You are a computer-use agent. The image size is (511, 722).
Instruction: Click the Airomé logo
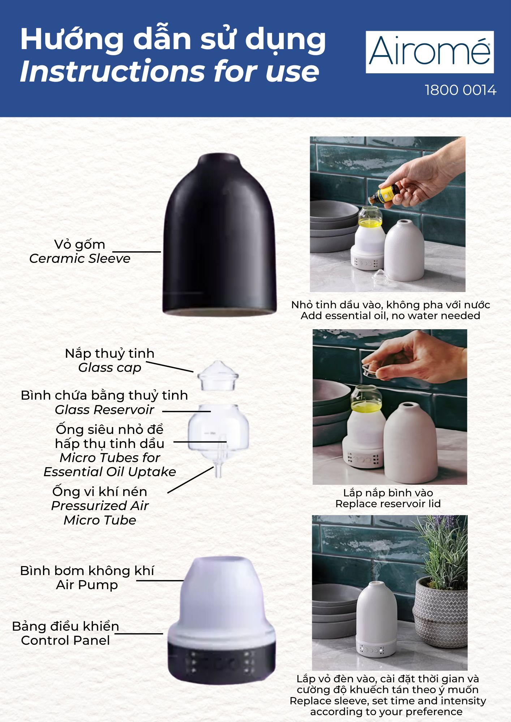coord(430,52)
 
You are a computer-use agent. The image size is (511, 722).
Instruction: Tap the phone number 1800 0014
coord(461,90)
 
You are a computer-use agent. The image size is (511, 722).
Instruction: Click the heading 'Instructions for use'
coord(170,71)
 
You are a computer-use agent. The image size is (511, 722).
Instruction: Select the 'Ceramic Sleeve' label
coord(80,258)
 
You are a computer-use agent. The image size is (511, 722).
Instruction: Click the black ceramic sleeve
coord(219,235)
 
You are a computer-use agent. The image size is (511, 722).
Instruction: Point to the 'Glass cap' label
coord(109,368)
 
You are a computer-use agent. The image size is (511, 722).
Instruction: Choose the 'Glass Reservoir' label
coord(104,410)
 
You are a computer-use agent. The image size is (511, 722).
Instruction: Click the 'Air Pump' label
coord(87,585)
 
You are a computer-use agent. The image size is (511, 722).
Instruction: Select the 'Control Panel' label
coord(65,640)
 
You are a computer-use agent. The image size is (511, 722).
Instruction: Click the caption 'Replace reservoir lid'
coord(388,504)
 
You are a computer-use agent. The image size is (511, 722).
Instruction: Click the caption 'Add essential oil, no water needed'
coord(390,316)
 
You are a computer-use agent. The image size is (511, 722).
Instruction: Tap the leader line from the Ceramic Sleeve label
coord(137,252)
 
